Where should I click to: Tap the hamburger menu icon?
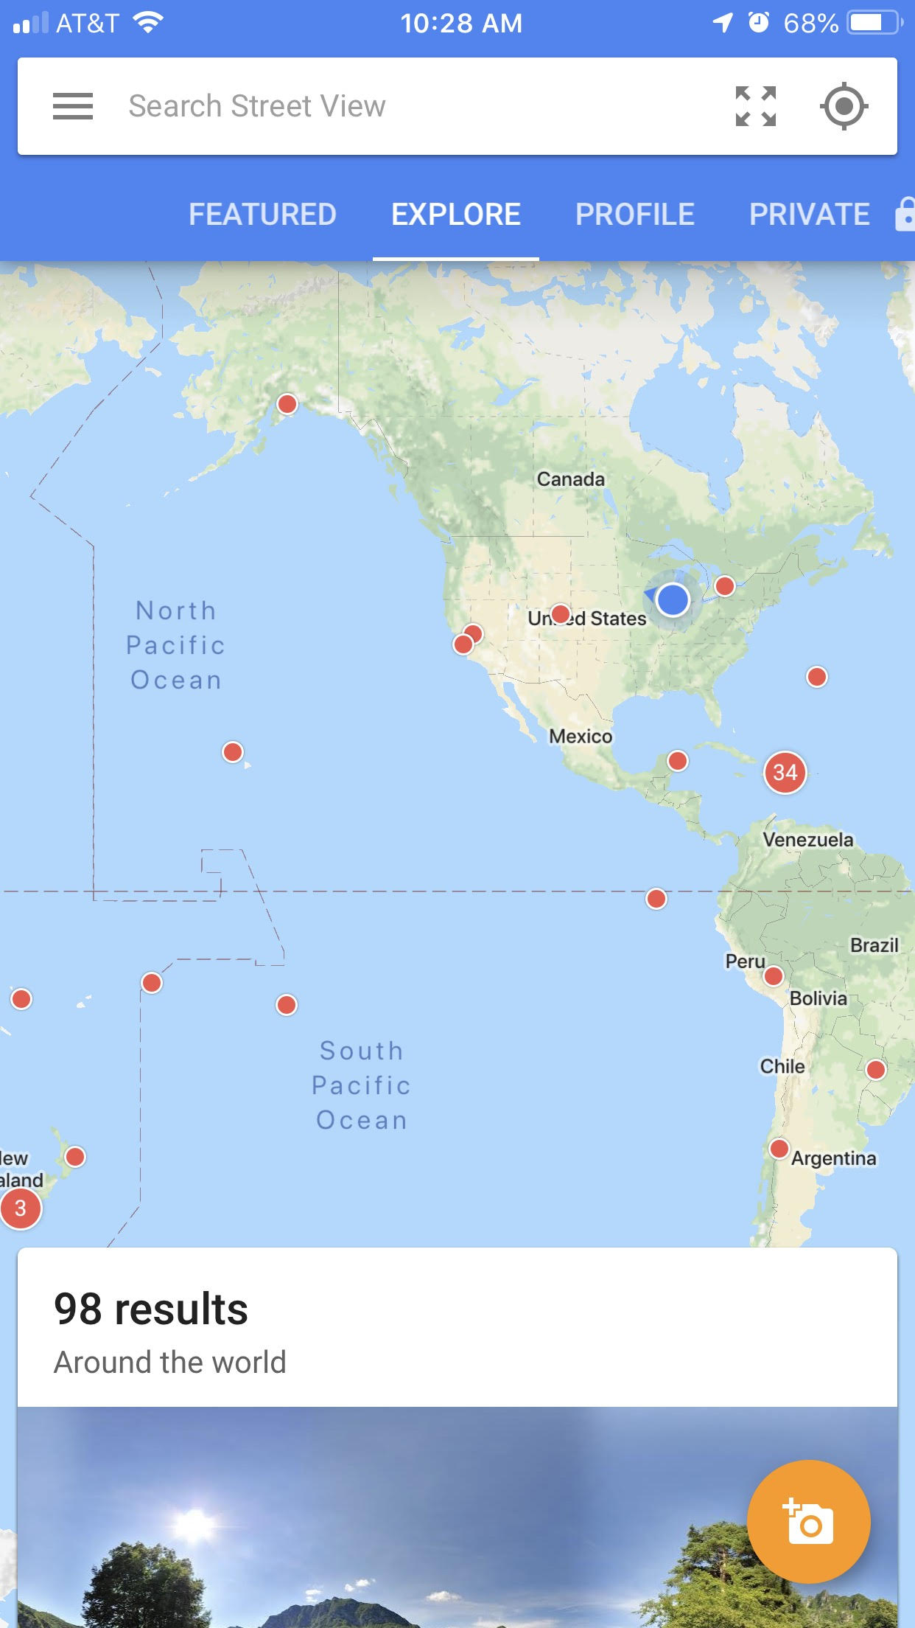[73, 106]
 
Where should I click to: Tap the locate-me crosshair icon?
[844, 106]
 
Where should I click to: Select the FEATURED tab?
[262, 215]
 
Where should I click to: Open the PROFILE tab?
[634, 215]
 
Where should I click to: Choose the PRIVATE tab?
[810, 215]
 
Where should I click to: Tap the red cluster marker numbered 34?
[785, 773]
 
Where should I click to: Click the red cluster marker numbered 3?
[21, 1208]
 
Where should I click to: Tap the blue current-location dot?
[673, 599]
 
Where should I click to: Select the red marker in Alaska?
[287, 404]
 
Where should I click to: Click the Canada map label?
[570, 479]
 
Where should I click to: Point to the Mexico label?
[581, 737]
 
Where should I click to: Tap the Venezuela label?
[807, 840]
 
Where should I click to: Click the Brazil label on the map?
[874, 945]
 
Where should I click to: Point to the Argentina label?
[833, 1158]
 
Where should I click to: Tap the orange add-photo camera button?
[808, 1521]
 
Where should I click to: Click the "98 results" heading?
[151, 1309]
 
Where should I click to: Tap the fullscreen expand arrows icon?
[756, 106]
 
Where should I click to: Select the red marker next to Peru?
[774, 976]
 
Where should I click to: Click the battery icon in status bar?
[874, 23]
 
